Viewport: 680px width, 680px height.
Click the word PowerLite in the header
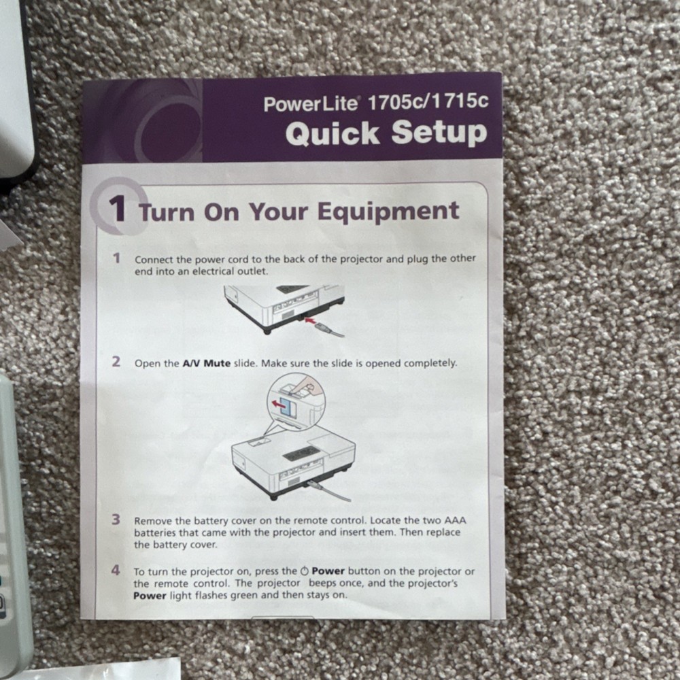point(311,104)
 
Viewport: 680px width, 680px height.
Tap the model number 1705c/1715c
point(428,101)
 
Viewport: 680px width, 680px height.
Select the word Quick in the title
point(333,133)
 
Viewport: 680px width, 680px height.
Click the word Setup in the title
point(439,132)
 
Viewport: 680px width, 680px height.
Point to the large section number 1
point(117,208)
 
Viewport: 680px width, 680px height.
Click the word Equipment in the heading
point(388,212)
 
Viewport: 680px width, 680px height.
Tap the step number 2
point(116,361)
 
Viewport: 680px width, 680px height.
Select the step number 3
point(116,519)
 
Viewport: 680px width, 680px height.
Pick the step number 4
point(116,570)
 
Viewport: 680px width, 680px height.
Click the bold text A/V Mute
point(207,363)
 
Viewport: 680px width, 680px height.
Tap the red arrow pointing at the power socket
point(311,320)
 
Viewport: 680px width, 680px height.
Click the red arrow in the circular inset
point(277,404)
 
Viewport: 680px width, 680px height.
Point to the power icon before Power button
point(304,571)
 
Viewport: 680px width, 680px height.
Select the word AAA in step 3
point(455,520)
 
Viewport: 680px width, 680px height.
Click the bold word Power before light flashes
point(150,596)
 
